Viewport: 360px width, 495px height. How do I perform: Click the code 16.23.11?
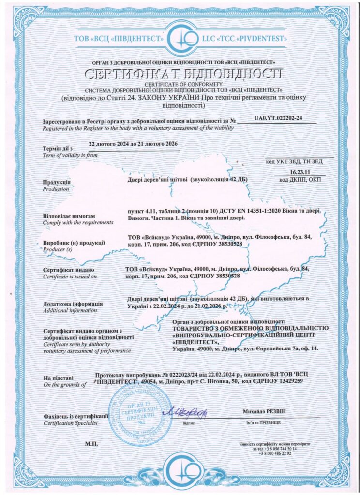coord(300,172)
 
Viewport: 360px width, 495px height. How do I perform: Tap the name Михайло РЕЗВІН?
coord(265,411)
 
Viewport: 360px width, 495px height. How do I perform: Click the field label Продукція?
coord(57,183)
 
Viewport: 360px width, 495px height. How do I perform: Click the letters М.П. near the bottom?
coord(91,443)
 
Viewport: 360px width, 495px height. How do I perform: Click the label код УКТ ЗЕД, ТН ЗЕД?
coord(300,161)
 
